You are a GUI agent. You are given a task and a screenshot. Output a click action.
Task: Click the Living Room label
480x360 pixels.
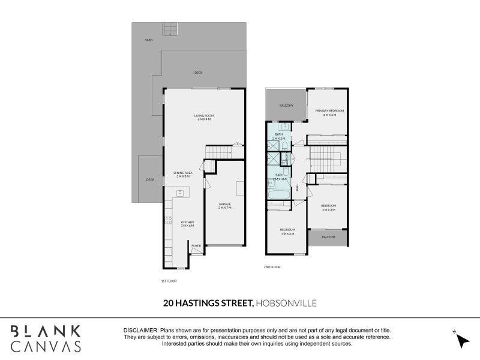tap(204, 116)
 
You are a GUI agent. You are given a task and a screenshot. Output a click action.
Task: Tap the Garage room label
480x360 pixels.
tap(224, 205)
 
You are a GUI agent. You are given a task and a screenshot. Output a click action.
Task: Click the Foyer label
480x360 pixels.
tap(196, 246)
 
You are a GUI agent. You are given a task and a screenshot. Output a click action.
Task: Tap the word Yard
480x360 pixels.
tap(148, 40)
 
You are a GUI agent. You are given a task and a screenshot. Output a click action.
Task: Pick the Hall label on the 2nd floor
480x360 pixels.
tap(298, 188)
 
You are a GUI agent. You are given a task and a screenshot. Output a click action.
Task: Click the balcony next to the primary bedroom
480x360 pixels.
tap(286, 106)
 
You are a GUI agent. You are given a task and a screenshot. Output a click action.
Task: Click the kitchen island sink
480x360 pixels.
tap(179, 193)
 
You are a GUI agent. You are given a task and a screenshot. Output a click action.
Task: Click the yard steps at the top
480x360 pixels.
tap(170, 29)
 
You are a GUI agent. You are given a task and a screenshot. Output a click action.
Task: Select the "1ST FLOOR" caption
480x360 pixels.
tap(169, 281)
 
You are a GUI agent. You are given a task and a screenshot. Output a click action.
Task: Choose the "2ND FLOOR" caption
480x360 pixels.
tap(272, 266)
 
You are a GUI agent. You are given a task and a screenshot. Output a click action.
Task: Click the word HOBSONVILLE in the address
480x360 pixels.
tap(286, 304)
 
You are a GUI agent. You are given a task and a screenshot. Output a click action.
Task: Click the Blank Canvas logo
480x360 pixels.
tap(46, 338)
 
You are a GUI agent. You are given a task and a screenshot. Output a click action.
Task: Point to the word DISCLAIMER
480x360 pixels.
tap(140, 331)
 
